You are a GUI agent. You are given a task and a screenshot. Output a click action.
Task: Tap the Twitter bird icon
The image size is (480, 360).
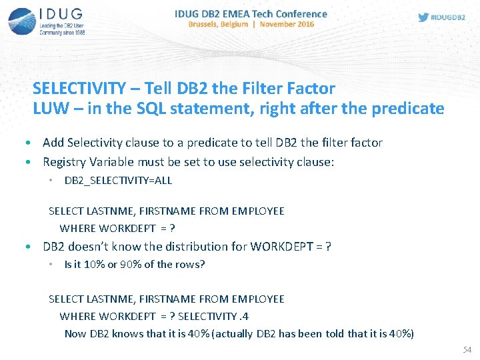tap(423, 17)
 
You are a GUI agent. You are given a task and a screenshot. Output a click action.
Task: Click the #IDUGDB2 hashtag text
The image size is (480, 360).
tap(448, 17)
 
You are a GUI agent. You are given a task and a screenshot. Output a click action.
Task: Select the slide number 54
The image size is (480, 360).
tap(467, 350)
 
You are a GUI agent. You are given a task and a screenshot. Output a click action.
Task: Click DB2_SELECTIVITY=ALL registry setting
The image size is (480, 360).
tap(118, 180)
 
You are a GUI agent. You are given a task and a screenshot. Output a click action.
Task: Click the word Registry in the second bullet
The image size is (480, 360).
tap(65, 161)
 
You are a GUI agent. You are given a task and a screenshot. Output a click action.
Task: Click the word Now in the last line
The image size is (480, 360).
tap(75, 333)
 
